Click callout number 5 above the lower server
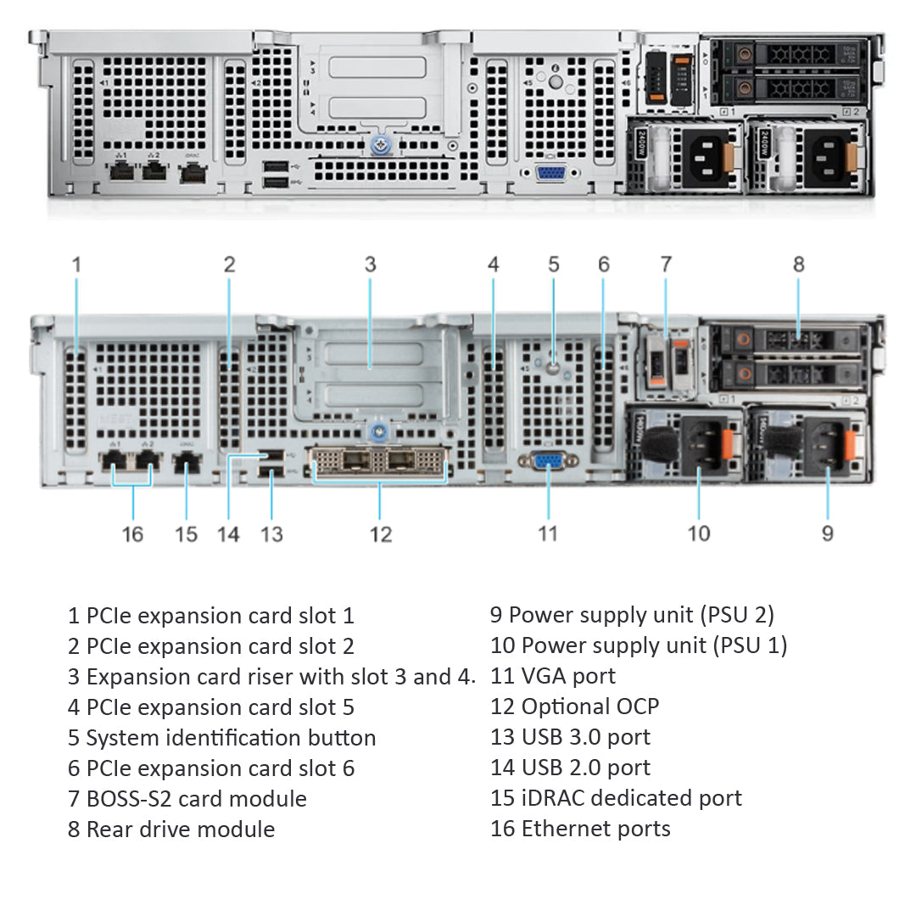tap(554, 265)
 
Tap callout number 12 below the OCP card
tap(381, 534)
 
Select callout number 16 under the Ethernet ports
tap(132, 534)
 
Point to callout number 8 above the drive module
tap(798, 265)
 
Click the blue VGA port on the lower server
tap(549, 461)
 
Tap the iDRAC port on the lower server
tap(187, 464)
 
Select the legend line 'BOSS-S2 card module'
tap(187, 799)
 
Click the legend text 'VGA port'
tap(553, 676)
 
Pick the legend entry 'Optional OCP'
tap(574, 707)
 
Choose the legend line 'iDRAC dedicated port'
tap(616, 798)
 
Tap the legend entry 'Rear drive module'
tap(171, 829)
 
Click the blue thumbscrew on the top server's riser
tap(379, 146)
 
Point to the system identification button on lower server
tap(554, 369)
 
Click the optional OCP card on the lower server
tap(381, 463)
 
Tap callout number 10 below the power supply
tap(698, 534)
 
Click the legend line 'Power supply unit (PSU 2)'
tap(632, 615)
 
